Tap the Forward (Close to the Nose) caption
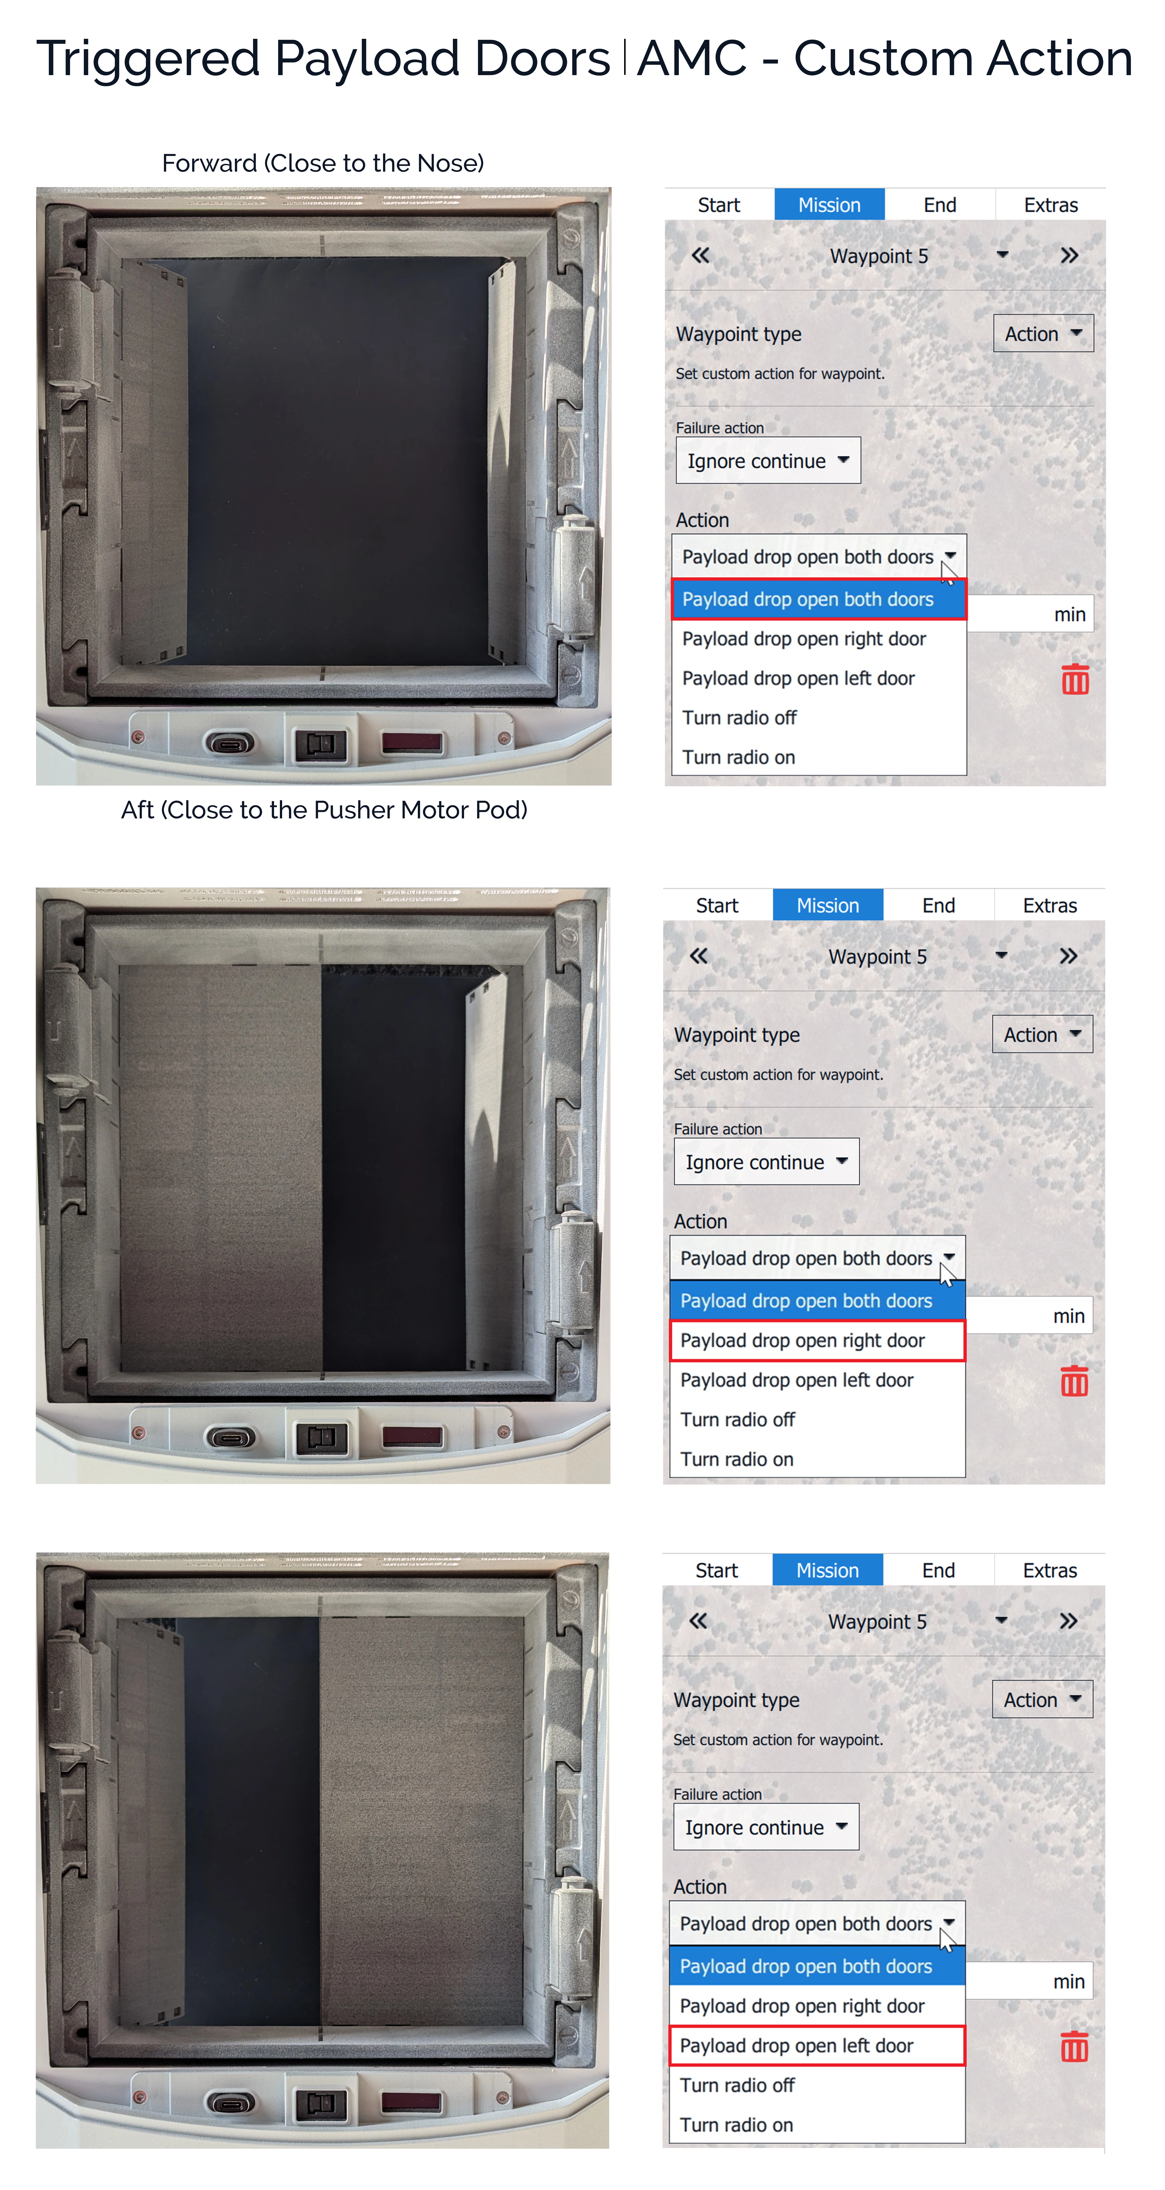(323, 163)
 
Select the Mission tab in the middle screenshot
(828, 905)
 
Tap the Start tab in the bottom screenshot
(716, 1570)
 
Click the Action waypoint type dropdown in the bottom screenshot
(1042, 1699)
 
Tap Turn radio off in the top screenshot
(739, 718)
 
